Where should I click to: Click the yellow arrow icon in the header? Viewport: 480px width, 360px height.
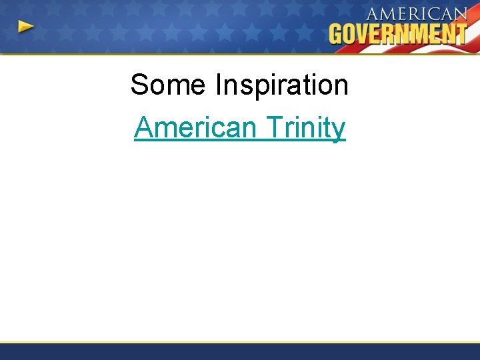pos(26,27)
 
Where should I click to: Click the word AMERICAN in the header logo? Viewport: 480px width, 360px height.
pos(417,15)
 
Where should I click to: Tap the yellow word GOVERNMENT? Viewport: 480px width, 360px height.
pos(397,33)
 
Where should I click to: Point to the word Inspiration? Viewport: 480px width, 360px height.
pos(281,85)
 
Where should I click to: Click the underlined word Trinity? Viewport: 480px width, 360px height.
pos(305,127)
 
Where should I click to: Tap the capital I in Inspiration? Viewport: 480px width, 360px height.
pos(219,85)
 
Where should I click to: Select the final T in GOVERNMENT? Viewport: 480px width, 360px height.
pos(459,33)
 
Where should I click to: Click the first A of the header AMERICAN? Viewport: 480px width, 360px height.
pos(374,15)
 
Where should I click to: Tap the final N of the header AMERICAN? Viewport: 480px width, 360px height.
pos(459,15)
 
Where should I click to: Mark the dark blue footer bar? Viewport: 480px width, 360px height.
pos(240,351)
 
